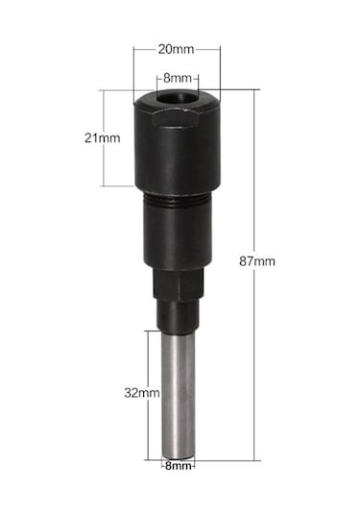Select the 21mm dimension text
(102, 138)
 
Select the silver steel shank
(180, 394)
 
